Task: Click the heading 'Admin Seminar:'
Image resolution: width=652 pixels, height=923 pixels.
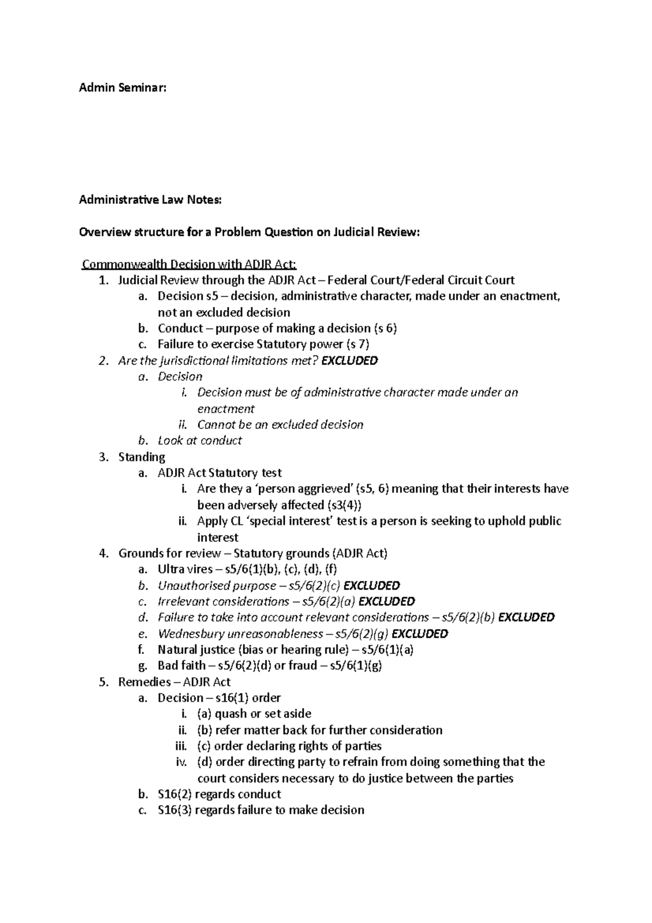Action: pyautogui.click(x=122, y=88)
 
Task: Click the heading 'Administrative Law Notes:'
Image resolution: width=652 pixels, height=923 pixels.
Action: pyautogui.click(x=151, y=200)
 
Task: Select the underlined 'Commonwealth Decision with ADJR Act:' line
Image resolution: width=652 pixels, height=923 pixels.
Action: pyautogui.click(x=189, y=264)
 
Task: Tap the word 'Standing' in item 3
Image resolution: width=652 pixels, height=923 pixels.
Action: pyautogui.click(x=142, y=457)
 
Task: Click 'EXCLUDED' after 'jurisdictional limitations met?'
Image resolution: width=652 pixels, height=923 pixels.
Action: pyautogui.click(x=350, y=360)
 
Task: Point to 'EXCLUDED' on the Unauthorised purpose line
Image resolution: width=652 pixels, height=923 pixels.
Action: pyautogui.click(x=372, y=585)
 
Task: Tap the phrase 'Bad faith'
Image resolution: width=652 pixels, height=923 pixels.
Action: pyautogui.click(x=182, y=665)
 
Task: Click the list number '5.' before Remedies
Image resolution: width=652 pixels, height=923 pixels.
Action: pyautogui.click(x=104, y=682)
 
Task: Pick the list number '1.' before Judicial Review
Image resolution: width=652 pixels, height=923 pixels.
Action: pyautogui.click(x=104, y=280)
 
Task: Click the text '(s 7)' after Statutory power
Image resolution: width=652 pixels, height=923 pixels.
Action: pyautogui.click(x=358, y=344)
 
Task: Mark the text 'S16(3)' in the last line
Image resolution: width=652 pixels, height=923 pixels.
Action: pyautogui.click(x=175, y=810)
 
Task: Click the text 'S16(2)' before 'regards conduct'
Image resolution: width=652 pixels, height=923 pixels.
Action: pyautogui.click(x=175, y=794)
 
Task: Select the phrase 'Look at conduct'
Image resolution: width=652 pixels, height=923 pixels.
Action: pyautogui.click(x=199, y=440)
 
